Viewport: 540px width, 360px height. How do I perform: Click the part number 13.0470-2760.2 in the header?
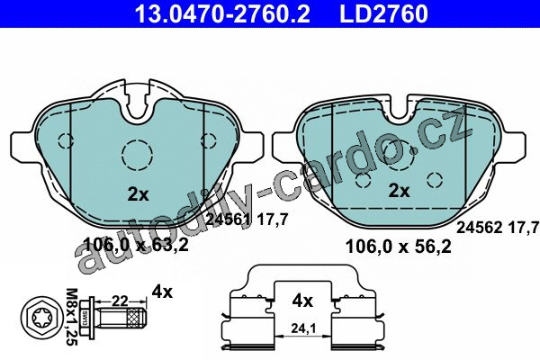[x=221, y=13]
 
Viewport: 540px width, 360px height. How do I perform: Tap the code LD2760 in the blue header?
[x=383, y=13]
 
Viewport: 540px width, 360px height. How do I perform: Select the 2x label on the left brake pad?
[x=138, y=195]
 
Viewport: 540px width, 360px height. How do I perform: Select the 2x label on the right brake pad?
[x=399, y=191]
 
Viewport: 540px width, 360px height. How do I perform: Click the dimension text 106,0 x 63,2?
[x=137, y=246]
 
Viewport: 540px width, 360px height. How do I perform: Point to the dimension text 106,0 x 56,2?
[x=398, y=247]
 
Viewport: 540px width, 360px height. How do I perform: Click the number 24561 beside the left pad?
[x=229, y=220]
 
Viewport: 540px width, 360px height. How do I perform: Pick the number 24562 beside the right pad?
[x=480, y=228]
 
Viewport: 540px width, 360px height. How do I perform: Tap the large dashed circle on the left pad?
[x=138, y=155]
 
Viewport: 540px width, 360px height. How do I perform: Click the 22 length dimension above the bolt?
[x=121, y=301]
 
